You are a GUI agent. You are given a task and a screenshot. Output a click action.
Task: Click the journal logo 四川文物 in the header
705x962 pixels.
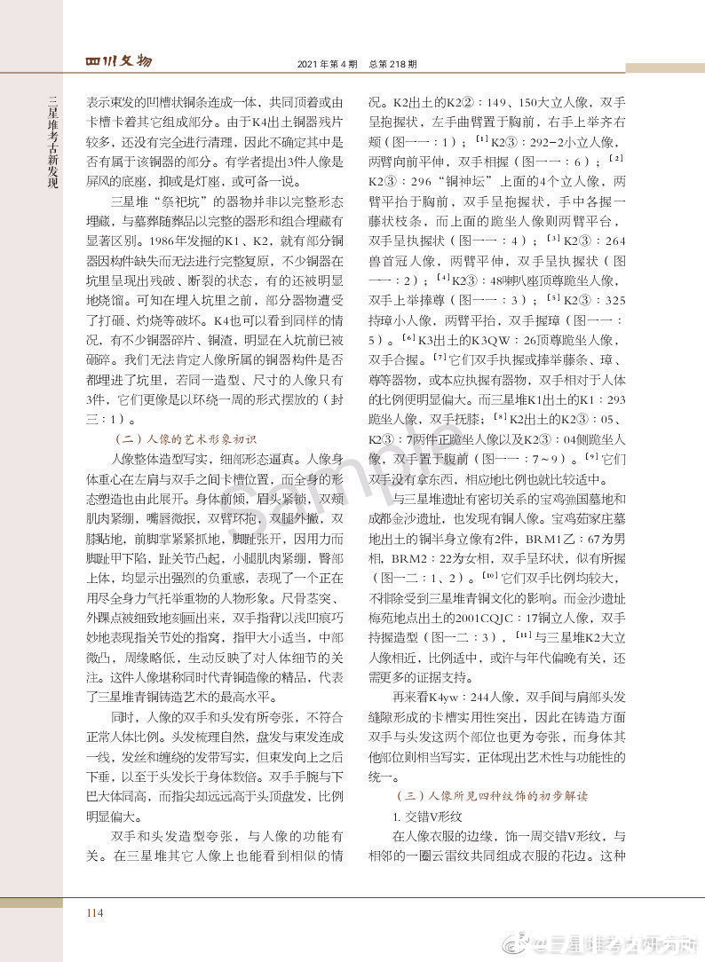click(118, 61)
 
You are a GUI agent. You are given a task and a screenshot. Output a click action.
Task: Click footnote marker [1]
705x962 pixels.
click(480, 139)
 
